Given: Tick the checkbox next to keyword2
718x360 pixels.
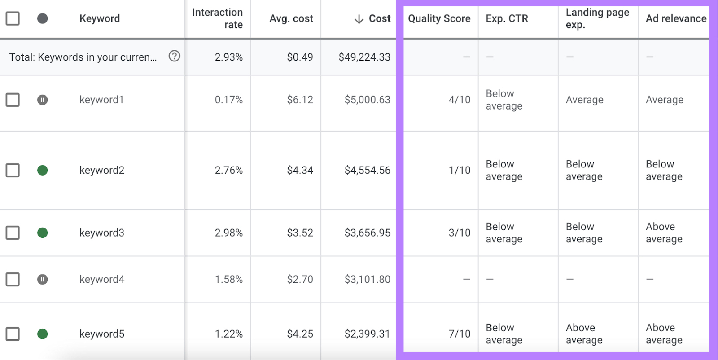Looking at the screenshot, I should [13, 170].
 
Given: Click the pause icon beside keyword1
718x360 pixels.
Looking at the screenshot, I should [42, 100].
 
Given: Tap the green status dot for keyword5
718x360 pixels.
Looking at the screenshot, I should [42, 334].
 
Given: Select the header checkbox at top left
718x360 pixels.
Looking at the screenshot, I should [13, 18].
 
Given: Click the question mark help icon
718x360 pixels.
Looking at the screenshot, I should [174, 56].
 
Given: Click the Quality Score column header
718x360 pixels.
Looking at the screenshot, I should [439, 18].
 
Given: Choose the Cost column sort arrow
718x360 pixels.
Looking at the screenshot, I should [359, 19].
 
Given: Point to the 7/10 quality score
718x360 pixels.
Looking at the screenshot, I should [459, 334].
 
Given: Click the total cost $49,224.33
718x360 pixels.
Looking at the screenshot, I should [364, 57].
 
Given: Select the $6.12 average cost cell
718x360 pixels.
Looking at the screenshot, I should [300, 100].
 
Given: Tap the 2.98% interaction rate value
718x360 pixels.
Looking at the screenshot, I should [228, 233].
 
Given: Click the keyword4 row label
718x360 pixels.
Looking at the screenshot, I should [102, 279].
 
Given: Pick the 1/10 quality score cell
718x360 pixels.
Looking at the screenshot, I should [459, 170].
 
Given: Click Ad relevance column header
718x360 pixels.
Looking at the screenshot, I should [675, 18].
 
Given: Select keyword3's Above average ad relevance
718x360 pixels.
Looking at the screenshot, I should [664, 233].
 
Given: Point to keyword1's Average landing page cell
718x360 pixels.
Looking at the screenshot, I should [584, 100].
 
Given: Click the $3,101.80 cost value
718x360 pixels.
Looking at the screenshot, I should [367, 279].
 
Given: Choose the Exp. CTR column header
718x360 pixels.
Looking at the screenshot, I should [507, 18].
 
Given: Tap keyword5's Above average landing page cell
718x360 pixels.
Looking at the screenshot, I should [584, 334].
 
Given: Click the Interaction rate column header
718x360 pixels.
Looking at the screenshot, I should [217, 18].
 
